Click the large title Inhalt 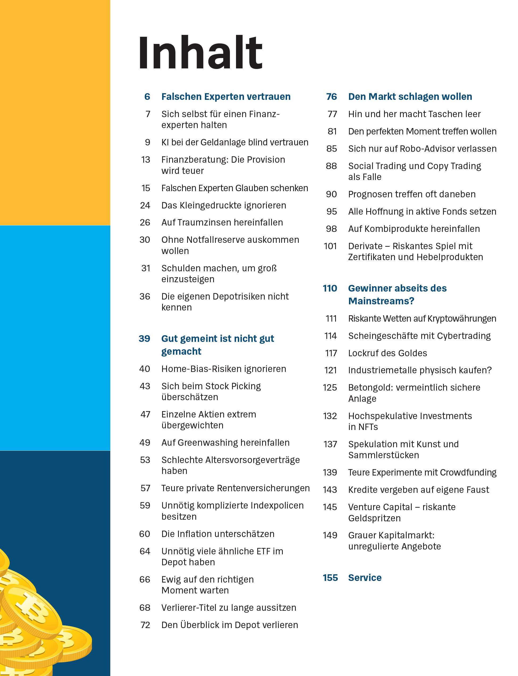coord(200,52)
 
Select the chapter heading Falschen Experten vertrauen coord(226,97)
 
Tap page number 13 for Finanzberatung coord(146,160)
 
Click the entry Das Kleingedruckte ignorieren coord(224,205)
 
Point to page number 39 coord(144,338)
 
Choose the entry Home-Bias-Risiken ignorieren coord(224,369)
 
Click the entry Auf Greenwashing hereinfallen coord(225,443)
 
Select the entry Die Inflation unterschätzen coord(218,534)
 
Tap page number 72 coord(145,625)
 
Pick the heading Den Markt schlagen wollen coord(410,97)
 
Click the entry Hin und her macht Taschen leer coord(414,114)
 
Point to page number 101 coord(330,246)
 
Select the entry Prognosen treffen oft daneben coord(412,194)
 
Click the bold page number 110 coord(330,288)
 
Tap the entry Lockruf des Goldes coord(387,353)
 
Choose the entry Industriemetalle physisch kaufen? coord(420,370)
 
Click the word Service coord(365,578)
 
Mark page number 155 coord(330,578)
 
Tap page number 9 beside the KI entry coord(148,142)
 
